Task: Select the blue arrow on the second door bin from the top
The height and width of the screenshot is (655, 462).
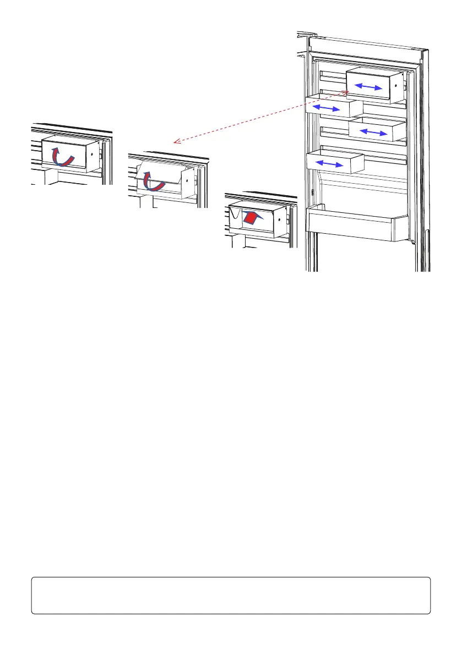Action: click(326, 109)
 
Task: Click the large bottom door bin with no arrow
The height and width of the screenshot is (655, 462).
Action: click(352, 225)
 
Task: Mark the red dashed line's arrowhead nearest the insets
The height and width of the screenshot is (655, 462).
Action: click(176, 142)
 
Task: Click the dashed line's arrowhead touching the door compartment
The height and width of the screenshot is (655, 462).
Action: click(345, 92)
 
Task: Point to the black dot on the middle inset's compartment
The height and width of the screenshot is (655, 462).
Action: click(187, 180)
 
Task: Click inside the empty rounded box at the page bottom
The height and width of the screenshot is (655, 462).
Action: click(231, 595)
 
